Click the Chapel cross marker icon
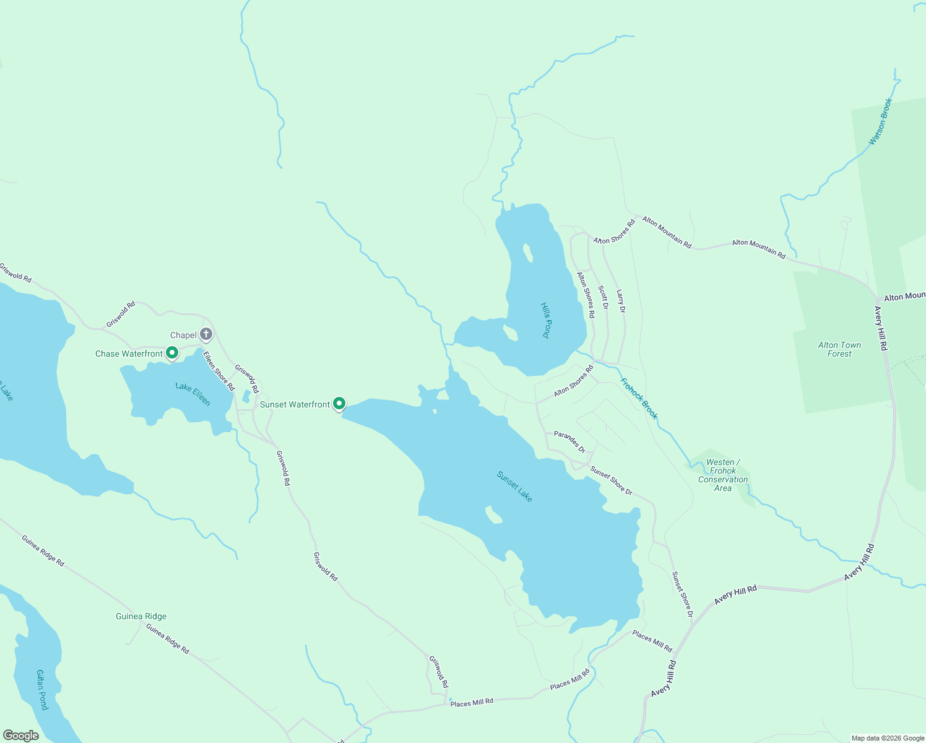206,334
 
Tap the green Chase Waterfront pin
172,353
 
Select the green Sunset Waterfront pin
339,404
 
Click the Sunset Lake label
514,487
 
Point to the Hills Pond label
545,320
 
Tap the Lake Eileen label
193,394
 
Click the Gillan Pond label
41,689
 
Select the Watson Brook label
880,121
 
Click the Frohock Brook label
639,399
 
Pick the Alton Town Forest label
839,349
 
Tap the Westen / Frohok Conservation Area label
722,475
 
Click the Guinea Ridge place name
141,616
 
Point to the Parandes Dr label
569,441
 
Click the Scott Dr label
603,297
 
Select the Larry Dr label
621,300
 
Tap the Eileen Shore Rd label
219,371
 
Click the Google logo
20,736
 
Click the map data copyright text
888,738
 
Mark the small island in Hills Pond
528,253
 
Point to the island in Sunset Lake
493,515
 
